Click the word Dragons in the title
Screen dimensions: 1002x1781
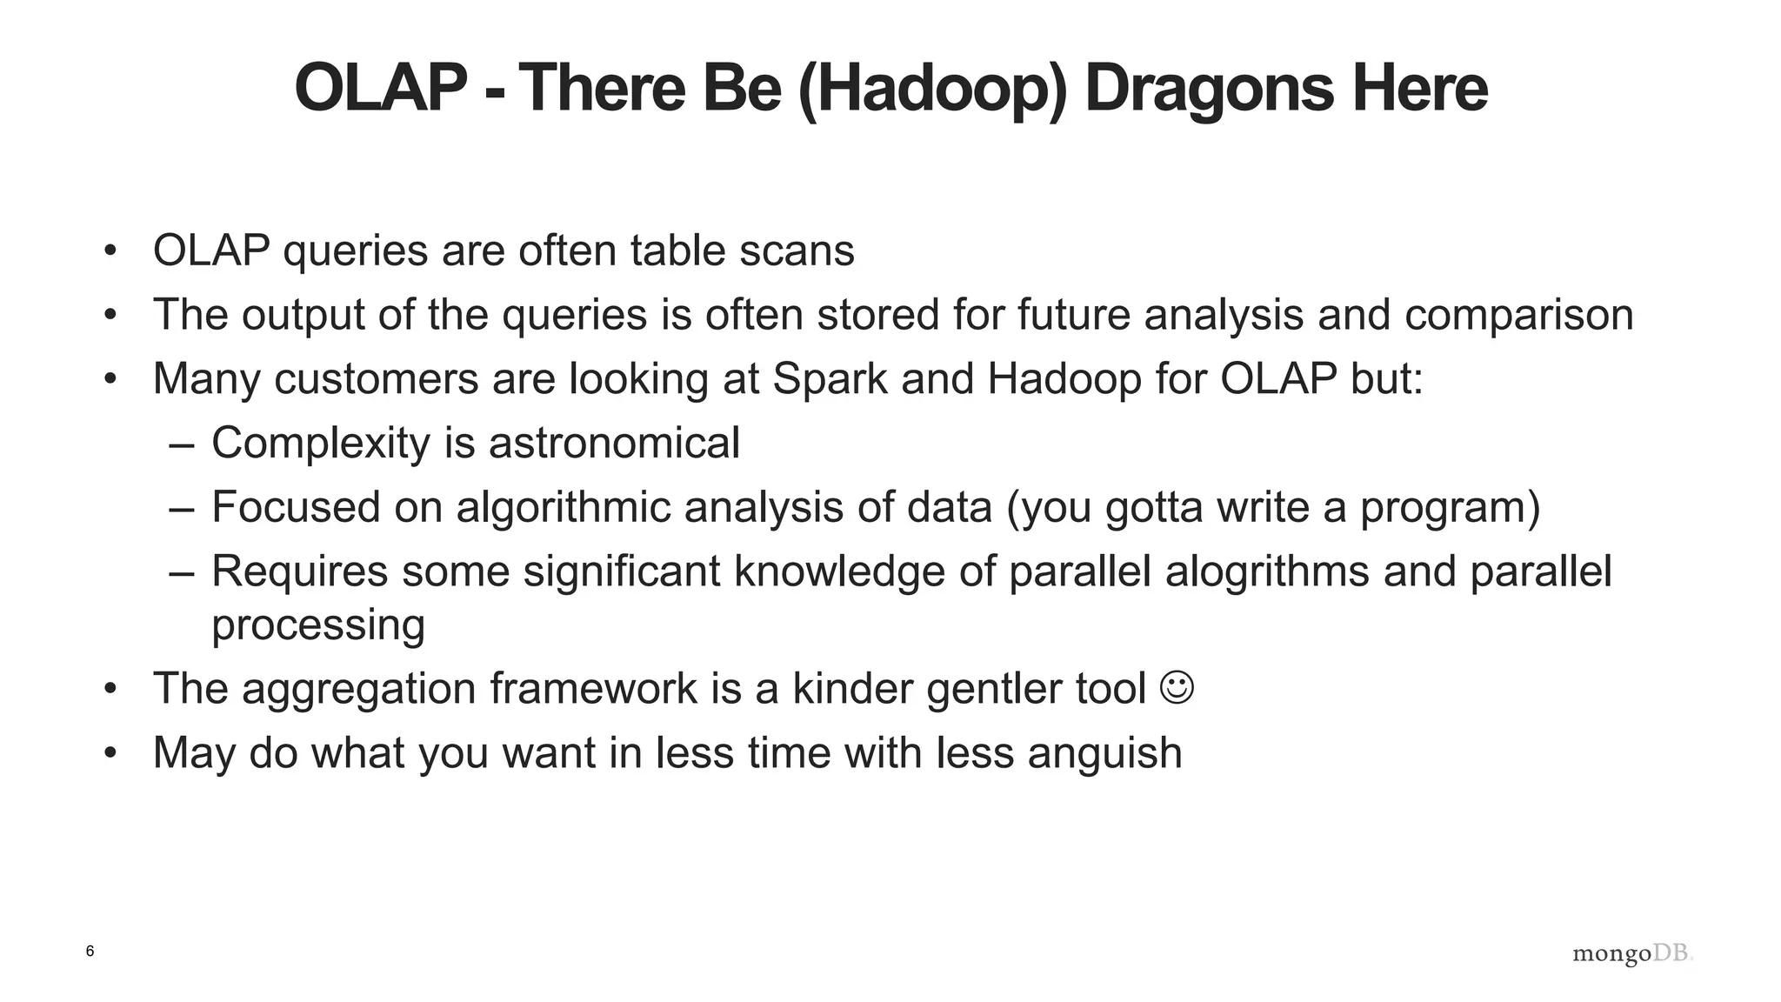(x=1209, y=89)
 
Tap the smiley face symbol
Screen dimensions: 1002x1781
(x=1177, y=687)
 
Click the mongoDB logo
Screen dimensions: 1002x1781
(x=1632, y=953)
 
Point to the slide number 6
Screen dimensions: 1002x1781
(x=90, y=951)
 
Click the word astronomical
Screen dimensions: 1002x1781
(x=614, y=443)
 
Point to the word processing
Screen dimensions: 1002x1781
(x=318, y=625)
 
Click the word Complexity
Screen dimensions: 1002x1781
(x=321, y=443)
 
